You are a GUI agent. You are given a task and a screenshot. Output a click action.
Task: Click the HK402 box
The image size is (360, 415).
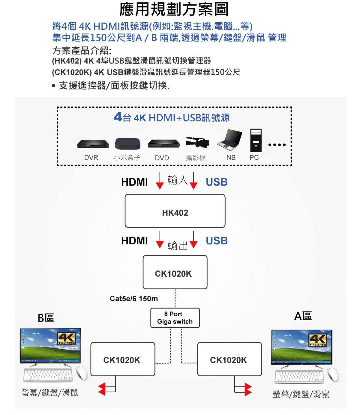(175, 211)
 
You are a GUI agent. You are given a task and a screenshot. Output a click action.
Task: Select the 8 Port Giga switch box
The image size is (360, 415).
(175, 318)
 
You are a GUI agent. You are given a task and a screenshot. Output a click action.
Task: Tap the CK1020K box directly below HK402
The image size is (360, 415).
(175, 272)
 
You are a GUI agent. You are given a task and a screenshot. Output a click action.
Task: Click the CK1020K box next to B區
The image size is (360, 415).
(123, 359)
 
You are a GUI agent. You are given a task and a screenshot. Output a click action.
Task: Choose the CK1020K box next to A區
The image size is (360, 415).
(229, 359)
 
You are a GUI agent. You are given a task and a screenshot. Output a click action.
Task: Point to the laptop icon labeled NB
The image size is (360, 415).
(230, 140)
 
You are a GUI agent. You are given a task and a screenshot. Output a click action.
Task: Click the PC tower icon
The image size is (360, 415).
(256, 140)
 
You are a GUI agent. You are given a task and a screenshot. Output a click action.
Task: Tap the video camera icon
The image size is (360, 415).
(197, 142)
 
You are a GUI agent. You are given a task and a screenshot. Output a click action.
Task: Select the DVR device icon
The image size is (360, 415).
(93, 144)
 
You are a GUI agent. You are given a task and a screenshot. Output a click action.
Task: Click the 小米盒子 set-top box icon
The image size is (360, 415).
(127, 144)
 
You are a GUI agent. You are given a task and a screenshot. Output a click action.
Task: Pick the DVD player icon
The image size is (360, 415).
(163, 144)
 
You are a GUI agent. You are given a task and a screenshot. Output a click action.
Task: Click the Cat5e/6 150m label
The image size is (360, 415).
(134, 299)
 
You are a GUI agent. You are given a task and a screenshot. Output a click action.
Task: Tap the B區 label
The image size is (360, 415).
(46, 318)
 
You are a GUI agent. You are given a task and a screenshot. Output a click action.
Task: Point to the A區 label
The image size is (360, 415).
(303, 316)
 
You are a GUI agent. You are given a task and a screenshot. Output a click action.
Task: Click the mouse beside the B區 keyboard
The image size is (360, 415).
(82, 373)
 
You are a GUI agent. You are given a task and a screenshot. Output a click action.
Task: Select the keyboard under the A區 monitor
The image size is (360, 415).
(299, 376)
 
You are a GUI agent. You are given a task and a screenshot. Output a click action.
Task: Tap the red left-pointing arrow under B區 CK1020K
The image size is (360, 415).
(102, 389)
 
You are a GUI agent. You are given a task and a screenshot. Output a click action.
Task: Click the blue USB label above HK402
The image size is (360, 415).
(217, 182)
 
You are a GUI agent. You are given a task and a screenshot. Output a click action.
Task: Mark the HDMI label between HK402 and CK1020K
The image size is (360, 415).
(134, 241)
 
